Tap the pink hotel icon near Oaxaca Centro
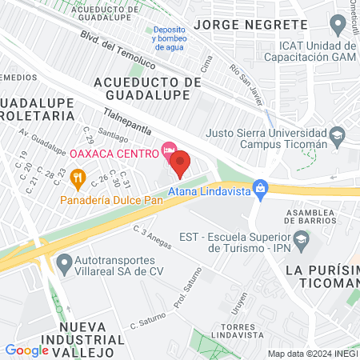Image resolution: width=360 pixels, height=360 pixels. [x=168, y=150]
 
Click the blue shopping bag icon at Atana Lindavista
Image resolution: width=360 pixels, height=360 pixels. [x=259, y=188]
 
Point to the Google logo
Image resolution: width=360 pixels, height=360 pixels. [x=26, y=350]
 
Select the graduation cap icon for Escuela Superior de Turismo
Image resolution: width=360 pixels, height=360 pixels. [x=301, y=238]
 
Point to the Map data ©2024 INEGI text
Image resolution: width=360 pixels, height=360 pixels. [x=312, y=353]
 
